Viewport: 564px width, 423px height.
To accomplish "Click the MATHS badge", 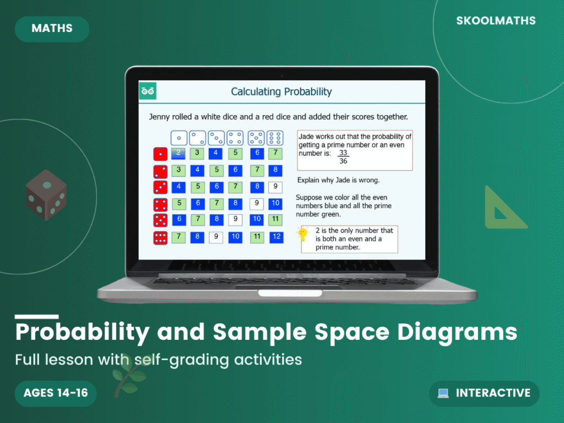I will click(52, 29).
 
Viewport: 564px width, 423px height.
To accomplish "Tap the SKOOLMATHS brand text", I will click(496, 21).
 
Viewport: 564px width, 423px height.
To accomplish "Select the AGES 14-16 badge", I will click(56, 393).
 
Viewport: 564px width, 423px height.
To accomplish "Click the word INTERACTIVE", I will click(493, 393).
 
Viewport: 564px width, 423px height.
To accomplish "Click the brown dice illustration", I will click(46, 194).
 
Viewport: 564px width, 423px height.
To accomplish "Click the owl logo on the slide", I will click(148, 91).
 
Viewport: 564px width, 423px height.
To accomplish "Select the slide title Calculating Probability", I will click(281, 91).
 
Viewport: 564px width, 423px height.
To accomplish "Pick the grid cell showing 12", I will click(276, 237).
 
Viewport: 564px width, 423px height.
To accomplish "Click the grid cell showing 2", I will click(178, 153).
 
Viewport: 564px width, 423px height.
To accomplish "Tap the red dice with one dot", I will click(160, 154).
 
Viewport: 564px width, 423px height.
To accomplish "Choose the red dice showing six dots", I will click(160, 238).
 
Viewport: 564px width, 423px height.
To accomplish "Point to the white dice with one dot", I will click(178, 137).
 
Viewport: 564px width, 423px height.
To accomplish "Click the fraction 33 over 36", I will click(343, 157).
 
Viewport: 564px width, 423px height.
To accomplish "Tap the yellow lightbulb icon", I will click(302, 234).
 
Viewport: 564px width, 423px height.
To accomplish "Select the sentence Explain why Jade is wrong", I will click(338, 180).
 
